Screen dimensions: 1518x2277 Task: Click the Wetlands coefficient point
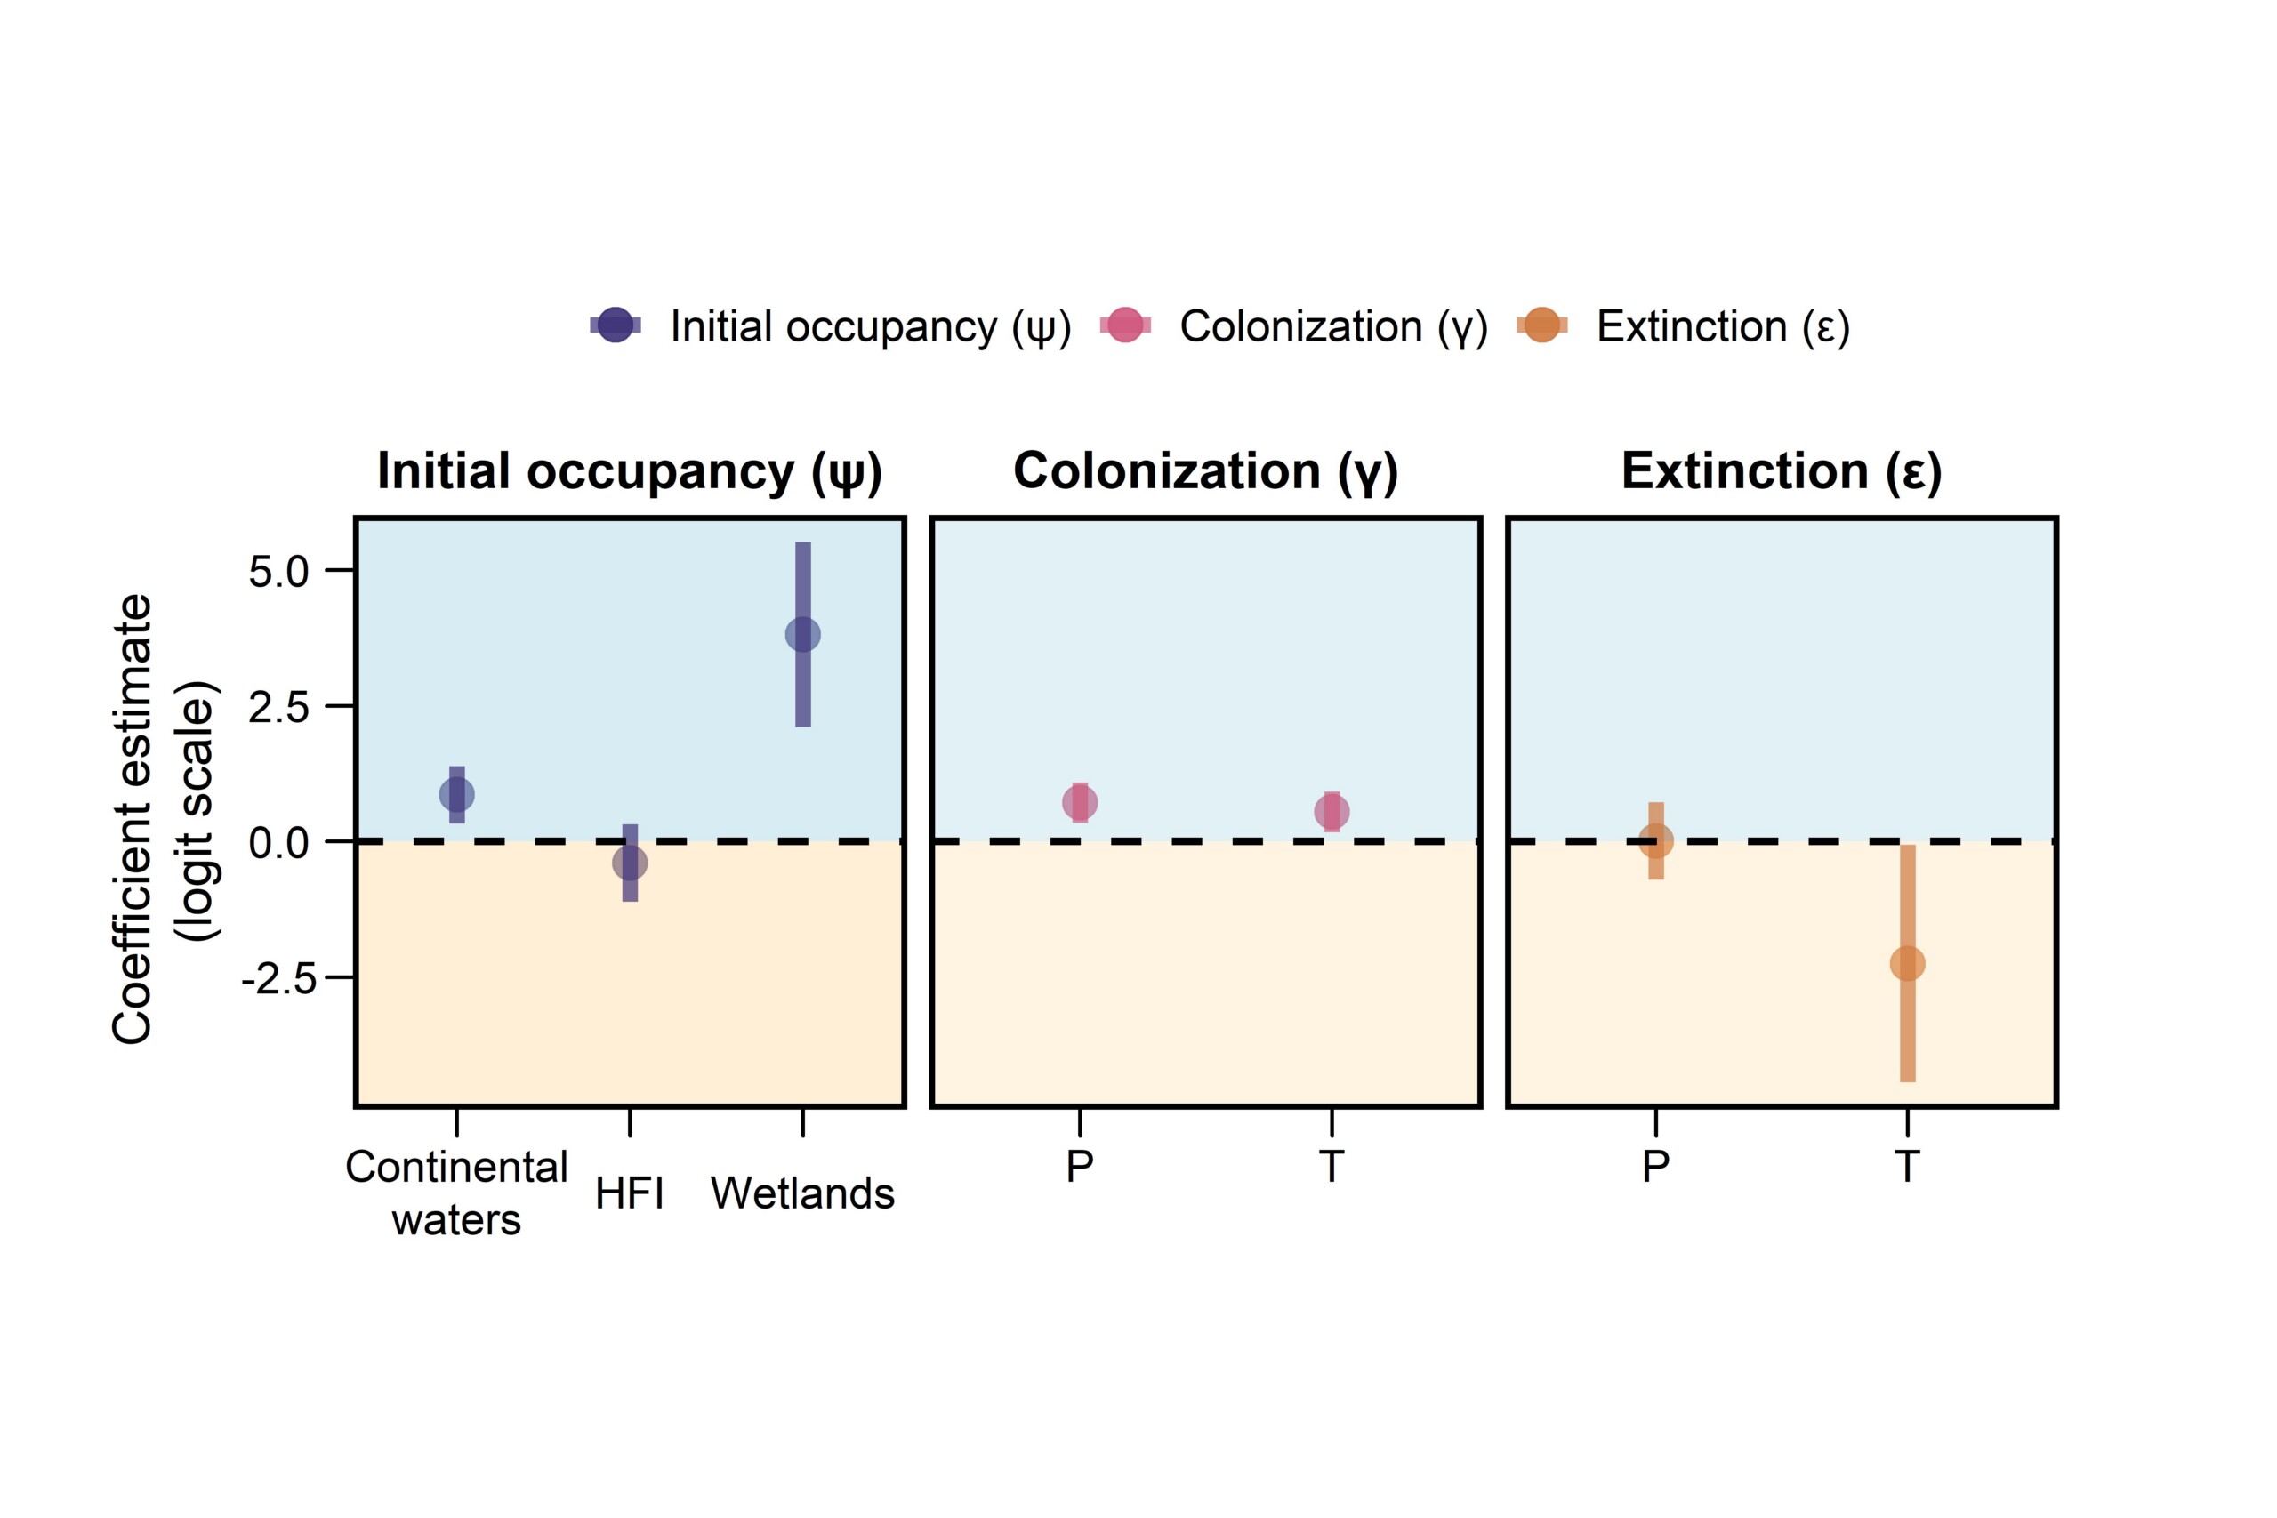pyautogui.click(x=802, y=635)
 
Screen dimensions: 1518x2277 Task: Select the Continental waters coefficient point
pyautogui.click(x=457, y=795)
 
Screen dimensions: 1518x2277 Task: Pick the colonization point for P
pyautogui.click(x=1080, y=802)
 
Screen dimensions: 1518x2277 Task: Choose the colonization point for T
pyautogui.click(x=1332, y=811)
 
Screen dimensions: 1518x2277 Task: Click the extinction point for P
pyautogui.click(x=1655, y=841)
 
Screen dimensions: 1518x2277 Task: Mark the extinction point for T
pyautogui.click(x=1907, y=963)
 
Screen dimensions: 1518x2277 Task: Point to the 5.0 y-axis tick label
pyautogui.click(x=278, y=571)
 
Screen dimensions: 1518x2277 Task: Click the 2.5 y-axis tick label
pyautogui.click(x=278, y=708)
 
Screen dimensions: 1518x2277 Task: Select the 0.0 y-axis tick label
pyautogui.click(x=278, y=843)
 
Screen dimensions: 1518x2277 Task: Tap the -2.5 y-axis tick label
pyautogui.click(x=278, y=979)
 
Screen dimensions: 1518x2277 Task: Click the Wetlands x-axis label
pyautogui.click(x=802, y=1193)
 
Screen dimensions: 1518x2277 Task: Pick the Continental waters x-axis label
pyautogui.click(x=457, y=1193)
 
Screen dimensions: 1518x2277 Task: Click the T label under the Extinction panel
pyautogui.click(x=1907, y=1167)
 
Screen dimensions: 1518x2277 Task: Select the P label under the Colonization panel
pyautogui.click(x=1080, y=1167)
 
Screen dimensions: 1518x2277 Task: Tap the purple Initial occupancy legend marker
pyautogui.click(x=616, y=325)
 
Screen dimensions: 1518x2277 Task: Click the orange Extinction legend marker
pyautogui.click(x=1541, y=325)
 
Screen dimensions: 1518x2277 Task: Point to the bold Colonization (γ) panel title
pyautogui.click(x=1205, y=471)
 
